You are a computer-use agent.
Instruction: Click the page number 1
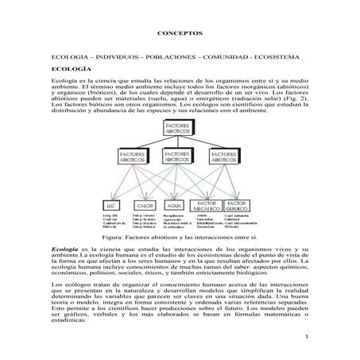pos(305,338)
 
